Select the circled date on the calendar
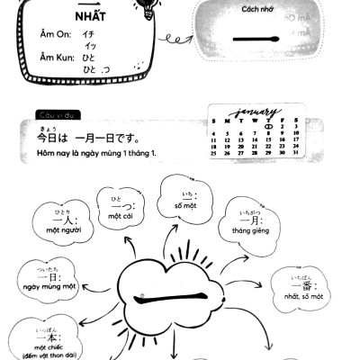[x=268, y=127]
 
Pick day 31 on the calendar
[x=296, y=152]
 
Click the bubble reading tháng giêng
[x=250, y=221]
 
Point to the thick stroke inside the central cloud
[x=177, y=297]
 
